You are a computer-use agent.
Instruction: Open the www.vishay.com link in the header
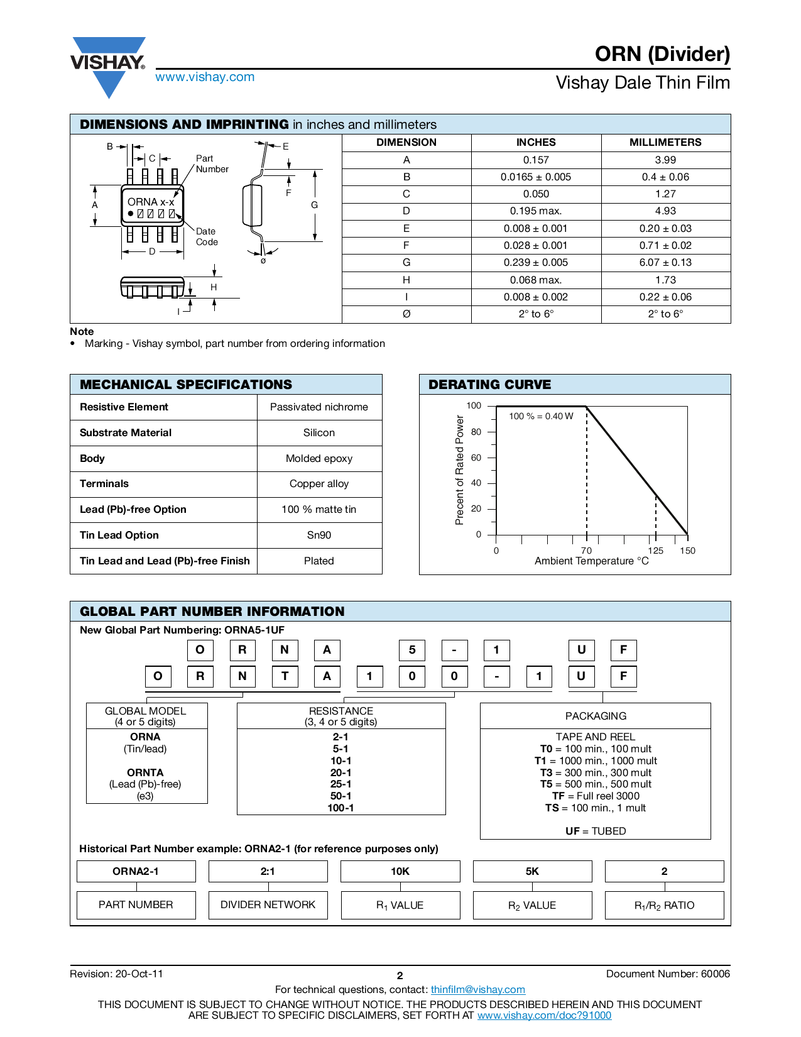[205, 77]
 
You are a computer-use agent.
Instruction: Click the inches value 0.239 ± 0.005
[535, 263]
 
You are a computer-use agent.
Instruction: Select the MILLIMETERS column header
[665, 142]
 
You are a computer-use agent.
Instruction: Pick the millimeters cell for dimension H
[665, 280]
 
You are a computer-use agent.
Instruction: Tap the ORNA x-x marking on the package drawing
[151, 202]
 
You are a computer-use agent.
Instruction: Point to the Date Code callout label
[207, 237]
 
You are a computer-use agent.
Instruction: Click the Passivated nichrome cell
[319, 407]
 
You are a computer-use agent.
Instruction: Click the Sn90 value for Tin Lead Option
[319, 535]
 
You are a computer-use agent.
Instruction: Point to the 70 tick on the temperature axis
[586, 551]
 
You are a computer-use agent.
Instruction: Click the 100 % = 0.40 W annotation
[541, 416]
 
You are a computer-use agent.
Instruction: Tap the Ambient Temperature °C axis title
[591, 561]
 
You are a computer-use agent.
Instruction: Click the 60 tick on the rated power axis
[476, 458]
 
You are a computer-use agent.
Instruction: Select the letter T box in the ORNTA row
[285, 676]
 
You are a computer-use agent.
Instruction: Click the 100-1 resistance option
[341, 808]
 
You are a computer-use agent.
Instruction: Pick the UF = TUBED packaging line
[596, 831]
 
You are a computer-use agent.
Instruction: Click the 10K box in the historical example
[400, 871]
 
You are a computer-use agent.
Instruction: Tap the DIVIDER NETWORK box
[268, 905]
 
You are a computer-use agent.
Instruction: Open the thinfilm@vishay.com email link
[477, 989]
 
